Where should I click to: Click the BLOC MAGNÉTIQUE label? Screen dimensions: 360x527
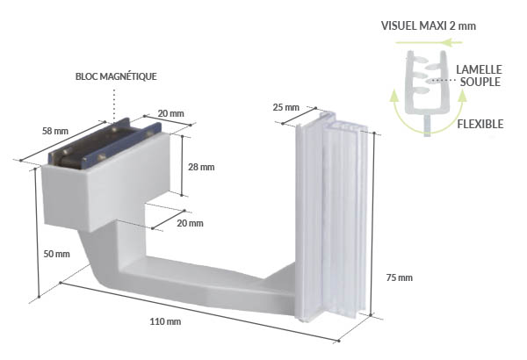coord(116,76)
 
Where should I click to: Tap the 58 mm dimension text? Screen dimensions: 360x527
coord(55,131)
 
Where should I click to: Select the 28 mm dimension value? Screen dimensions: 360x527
coord(201,167)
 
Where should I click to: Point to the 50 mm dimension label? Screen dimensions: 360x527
coord(56,254)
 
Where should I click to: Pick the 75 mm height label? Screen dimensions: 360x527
coord(399,277)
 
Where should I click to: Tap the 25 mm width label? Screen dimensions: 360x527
coord(286,108)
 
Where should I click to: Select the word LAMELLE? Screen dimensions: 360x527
coord(480,68)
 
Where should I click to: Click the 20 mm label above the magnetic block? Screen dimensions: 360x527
coord(171,113)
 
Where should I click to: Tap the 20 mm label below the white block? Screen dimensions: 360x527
coord(190,223)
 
